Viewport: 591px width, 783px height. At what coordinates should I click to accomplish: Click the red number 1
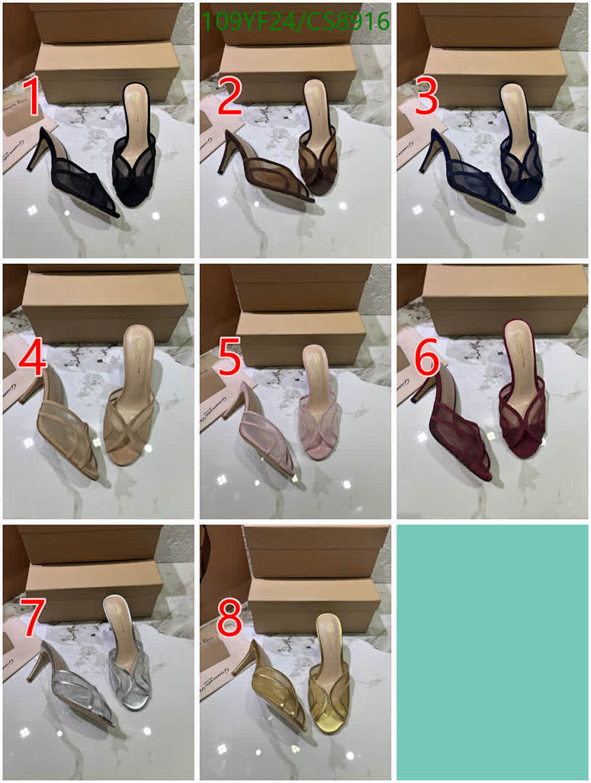tap(32, 97)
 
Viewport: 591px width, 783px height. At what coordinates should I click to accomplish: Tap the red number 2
tap(229, 97)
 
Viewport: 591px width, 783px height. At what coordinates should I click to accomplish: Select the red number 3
tap(426, 97)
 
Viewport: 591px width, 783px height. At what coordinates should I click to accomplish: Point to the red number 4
tap(32, 360)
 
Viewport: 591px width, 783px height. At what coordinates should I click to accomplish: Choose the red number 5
tap(229, 360)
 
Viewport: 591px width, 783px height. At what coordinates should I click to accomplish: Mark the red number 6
tap(426, 360)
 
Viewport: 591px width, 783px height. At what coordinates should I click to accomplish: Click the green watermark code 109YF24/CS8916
tap(295, 22)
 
